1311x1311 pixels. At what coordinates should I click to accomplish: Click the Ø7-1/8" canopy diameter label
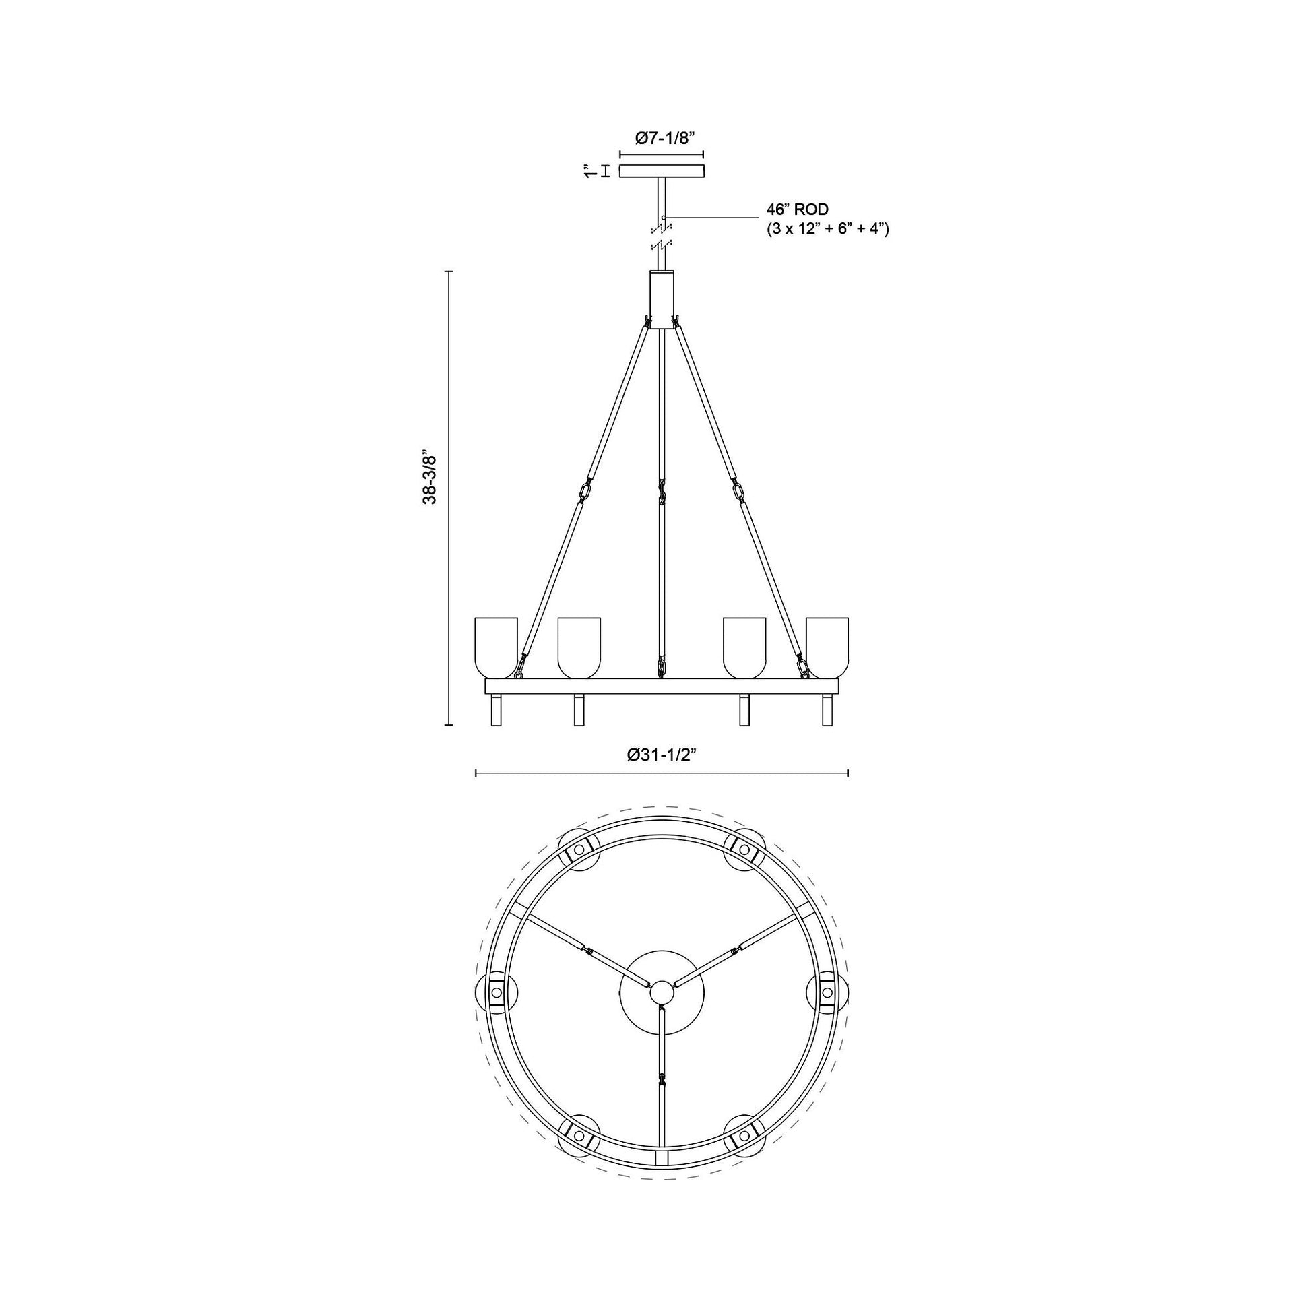pyautogui.click(x=662, y=138)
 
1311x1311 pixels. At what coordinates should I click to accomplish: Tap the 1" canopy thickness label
pyautogui.click(x=590, y=171)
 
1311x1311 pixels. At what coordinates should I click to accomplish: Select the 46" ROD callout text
pyautogui.click(x=798, y=210)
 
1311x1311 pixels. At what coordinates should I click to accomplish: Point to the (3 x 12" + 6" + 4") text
pyautogui.click(x=828, y=229)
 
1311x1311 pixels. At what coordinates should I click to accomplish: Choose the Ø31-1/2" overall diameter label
pyautogui.click(x=662, y=755)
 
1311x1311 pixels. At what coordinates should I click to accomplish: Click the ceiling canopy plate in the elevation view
pyautogui.click(x=662, y=172)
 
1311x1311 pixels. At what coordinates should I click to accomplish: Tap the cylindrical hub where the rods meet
pyautogui.click(x=662, y=300)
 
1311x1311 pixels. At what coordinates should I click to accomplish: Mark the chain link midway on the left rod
pyautogui.click(x=586, y=489)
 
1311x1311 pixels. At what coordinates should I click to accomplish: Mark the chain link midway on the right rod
pyautogui.click(x=738, y=489)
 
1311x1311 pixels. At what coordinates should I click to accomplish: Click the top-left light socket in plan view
pyautogui.click(x=578, y=850)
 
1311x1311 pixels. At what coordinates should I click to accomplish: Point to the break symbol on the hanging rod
pyautogui.click(x=662, y=234)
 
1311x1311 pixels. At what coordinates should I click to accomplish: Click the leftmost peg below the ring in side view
pyautogui.click(x=496, y=710)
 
